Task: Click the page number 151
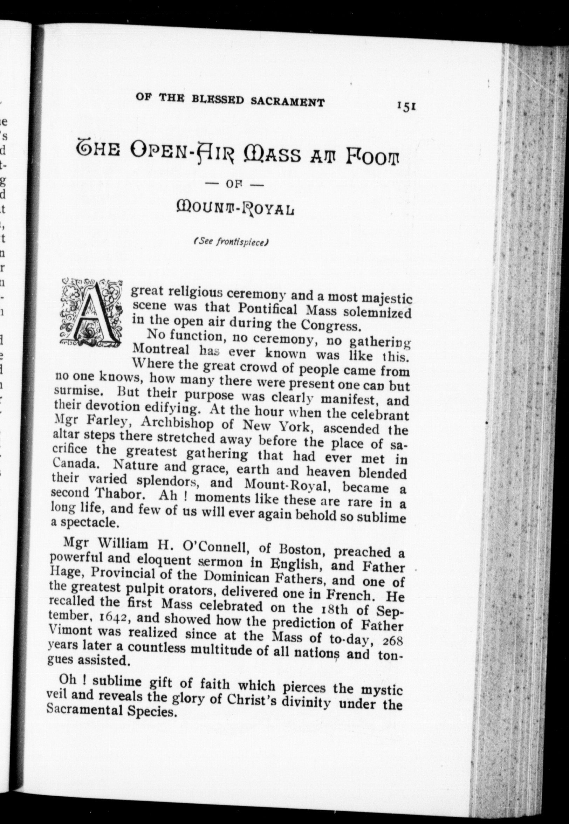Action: coord(406,107)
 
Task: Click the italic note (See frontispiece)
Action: coord(231,242)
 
